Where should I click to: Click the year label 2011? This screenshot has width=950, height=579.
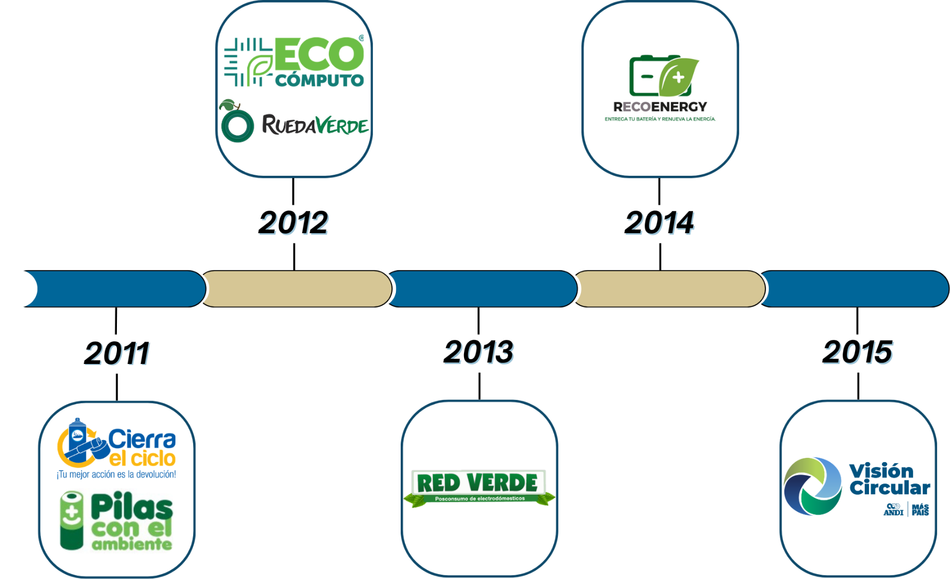117,353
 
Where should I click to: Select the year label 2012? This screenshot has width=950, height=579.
293,222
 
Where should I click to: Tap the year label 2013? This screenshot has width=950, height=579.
478,352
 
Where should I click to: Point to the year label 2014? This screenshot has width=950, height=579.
659,222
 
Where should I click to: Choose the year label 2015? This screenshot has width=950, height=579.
857,352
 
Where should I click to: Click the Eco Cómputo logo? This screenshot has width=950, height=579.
294,62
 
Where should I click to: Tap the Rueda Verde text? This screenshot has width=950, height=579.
315,125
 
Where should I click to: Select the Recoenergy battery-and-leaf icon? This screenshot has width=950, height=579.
663,76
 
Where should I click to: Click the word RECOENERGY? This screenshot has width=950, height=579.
660,107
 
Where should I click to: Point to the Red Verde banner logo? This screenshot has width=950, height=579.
478,487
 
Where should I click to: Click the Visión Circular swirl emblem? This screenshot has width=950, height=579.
812,486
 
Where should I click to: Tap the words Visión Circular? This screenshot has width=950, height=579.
889,479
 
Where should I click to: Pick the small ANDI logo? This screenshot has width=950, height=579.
893,509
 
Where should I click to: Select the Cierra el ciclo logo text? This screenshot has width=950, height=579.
142,448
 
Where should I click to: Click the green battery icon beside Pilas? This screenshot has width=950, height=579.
72,521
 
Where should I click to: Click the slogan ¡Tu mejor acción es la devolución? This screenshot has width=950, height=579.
116,474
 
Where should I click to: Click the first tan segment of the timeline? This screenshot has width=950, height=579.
297,288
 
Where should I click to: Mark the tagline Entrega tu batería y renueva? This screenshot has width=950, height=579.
660,119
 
